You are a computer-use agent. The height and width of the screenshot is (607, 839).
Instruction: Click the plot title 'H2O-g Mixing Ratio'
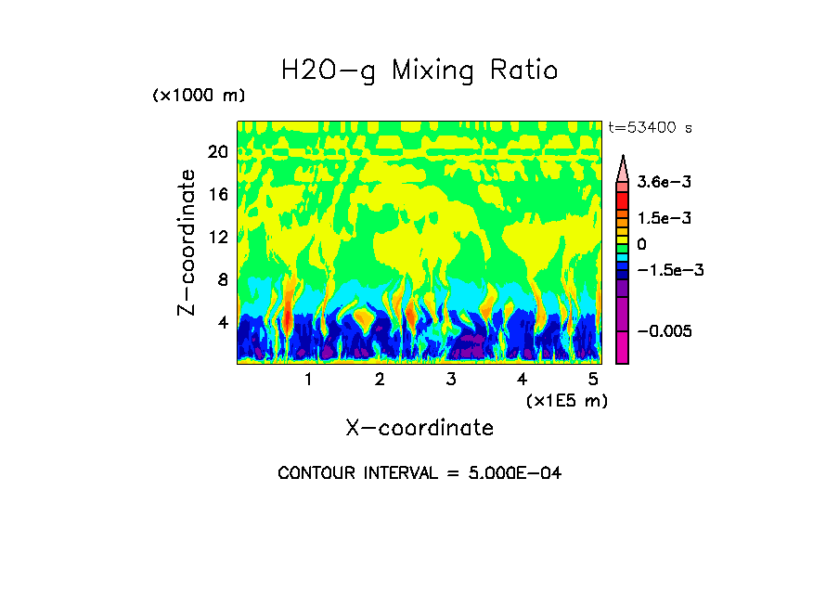(x=419, y=71)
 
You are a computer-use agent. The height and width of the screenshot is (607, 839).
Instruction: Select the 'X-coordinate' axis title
(x=419, y=428)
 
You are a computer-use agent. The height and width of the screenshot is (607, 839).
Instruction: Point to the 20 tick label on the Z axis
(x=217, y=151)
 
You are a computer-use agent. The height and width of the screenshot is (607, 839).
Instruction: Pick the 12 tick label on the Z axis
(x=217, y=237)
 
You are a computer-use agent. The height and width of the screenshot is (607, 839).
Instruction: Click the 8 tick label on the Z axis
(x=222, y=279)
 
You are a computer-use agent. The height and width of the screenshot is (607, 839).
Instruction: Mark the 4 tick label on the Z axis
(x=222, y=323)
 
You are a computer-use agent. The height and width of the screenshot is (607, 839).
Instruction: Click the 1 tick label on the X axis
(x=308, y=380)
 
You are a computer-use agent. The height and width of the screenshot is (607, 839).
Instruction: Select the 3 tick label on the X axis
(x=450, y=380)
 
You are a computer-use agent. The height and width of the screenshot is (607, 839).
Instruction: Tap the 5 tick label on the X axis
(x=593, y=380)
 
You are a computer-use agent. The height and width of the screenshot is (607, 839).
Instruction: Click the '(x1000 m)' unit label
(x=199, y=97)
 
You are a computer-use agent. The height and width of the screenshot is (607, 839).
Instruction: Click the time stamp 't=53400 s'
(x=651, y=127)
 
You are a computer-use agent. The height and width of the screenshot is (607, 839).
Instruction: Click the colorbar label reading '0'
(x=641, y=244)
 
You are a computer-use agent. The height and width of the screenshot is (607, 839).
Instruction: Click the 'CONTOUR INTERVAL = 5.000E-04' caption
(x=419, y=473)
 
